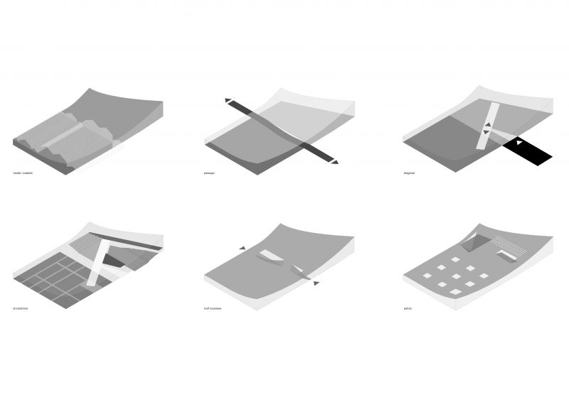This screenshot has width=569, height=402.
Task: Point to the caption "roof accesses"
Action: [x=213, y=308]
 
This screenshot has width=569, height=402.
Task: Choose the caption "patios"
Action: [x=407, y=308]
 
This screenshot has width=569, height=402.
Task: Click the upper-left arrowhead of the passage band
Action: [x=228, y=101]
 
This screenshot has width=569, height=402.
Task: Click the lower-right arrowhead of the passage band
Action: [x=334, y=162]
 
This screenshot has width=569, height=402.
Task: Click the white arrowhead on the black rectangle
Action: [x=519, y=143]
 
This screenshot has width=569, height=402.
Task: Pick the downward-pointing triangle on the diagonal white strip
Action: [x=486, y=133]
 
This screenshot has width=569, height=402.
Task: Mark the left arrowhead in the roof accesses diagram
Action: [x=243, y=248]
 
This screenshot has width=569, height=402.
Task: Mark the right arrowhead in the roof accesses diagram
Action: [x=316, y=283]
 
